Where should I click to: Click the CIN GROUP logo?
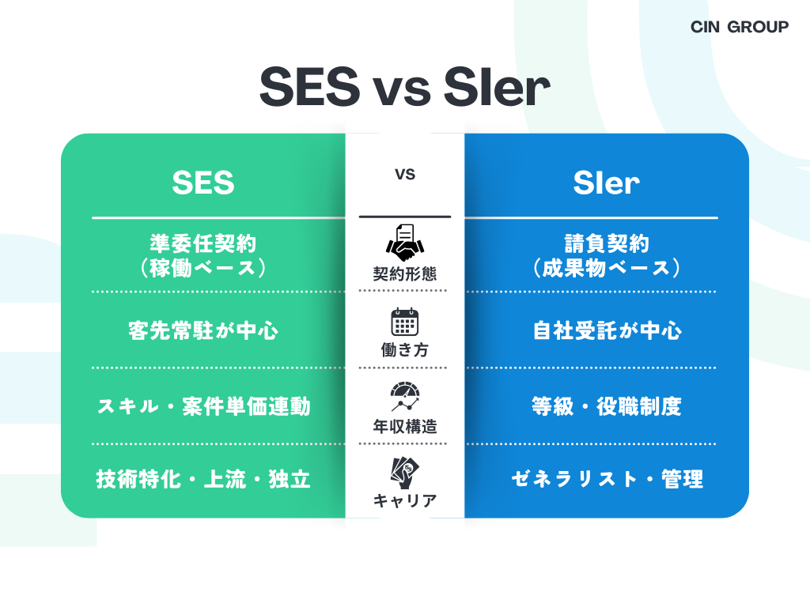tap(739, 27)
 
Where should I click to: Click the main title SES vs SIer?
tap(404, 89)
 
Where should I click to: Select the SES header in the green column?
tap(203, 183)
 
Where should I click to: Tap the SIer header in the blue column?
tap(606, 183)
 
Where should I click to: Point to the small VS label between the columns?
tap(405, 175)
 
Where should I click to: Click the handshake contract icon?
tap(405, 243)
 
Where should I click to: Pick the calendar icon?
tap(405, 322)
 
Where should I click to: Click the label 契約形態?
tap(405, 274)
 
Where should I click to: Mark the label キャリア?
tap(405, 500)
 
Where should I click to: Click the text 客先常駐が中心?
tap(203, 330)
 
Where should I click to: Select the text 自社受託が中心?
tap(607, 330)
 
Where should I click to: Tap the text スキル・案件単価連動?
tap(203, 407)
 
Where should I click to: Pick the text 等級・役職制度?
tap(607, 407)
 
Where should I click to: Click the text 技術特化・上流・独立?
tap(203, 479)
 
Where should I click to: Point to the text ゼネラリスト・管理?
tap(607, 479)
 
